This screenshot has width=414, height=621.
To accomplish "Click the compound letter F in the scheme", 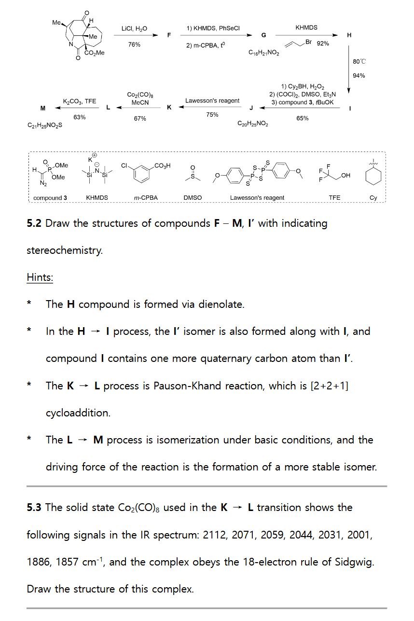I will click(169, 35).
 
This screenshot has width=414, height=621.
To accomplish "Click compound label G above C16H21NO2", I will click(263, 35).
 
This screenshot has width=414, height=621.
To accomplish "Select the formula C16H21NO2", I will click(263, 53).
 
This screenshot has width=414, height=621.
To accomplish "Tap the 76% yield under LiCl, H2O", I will click(135, 44).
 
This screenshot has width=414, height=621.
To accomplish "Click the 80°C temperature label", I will click(359, 62).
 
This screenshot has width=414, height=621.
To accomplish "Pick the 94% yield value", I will click(359, 76).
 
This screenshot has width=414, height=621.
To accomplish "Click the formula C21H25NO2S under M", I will click(45, 125).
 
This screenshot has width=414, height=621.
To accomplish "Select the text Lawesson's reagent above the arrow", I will click(212, 101).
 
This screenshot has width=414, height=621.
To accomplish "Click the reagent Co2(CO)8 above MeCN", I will click(140, 96).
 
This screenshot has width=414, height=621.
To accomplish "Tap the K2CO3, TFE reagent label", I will click(80, 101).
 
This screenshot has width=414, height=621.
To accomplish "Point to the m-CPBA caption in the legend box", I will click(146, 198).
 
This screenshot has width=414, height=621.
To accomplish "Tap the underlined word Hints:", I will click(40, 277).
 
